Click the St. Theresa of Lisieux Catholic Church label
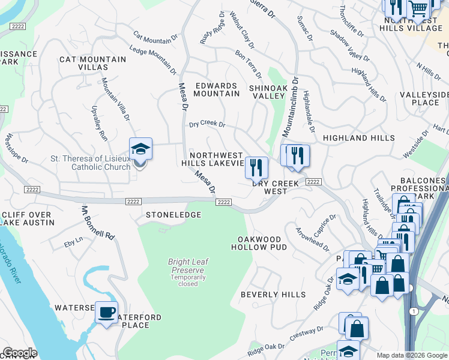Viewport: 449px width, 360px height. pyautogui.click(x=90, y=163)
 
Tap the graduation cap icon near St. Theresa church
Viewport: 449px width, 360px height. pyautogui.click(x=140, y=149)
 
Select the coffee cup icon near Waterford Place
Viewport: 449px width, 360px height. pyautogui.click(x=106, y=312)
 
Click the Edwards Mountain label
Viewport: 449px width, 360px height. pyautogui.click(x=216, y=89)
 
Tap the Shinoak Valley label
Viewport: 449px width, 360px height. pyautogui.click(x=267, y=92)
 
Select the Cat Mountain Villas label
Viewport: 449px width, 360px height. pyautogui.click(x=92, y=64)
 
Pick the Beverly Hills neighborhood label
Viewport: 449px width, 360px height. pyautogui.click(x=273, y=295)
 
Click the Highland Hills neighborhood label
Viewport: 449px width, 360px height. pyautogui.click(x=359, y=138)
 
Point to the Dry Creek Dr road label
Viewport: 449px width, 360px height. pyautogui.click(x=206, y=125)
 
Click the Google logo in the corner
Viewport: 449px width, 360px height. pyautogui.click(x=19, y=353)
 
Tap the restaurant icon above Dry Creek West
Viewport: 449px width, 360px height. pyautogui.click(x=256, y=167)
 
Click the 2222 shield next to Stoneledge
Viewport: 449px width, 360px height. pyautogui.click(x=133, y=202)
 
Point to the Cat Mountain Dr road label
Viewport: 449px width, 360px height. pyautogui.click(x=155, y=38)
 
